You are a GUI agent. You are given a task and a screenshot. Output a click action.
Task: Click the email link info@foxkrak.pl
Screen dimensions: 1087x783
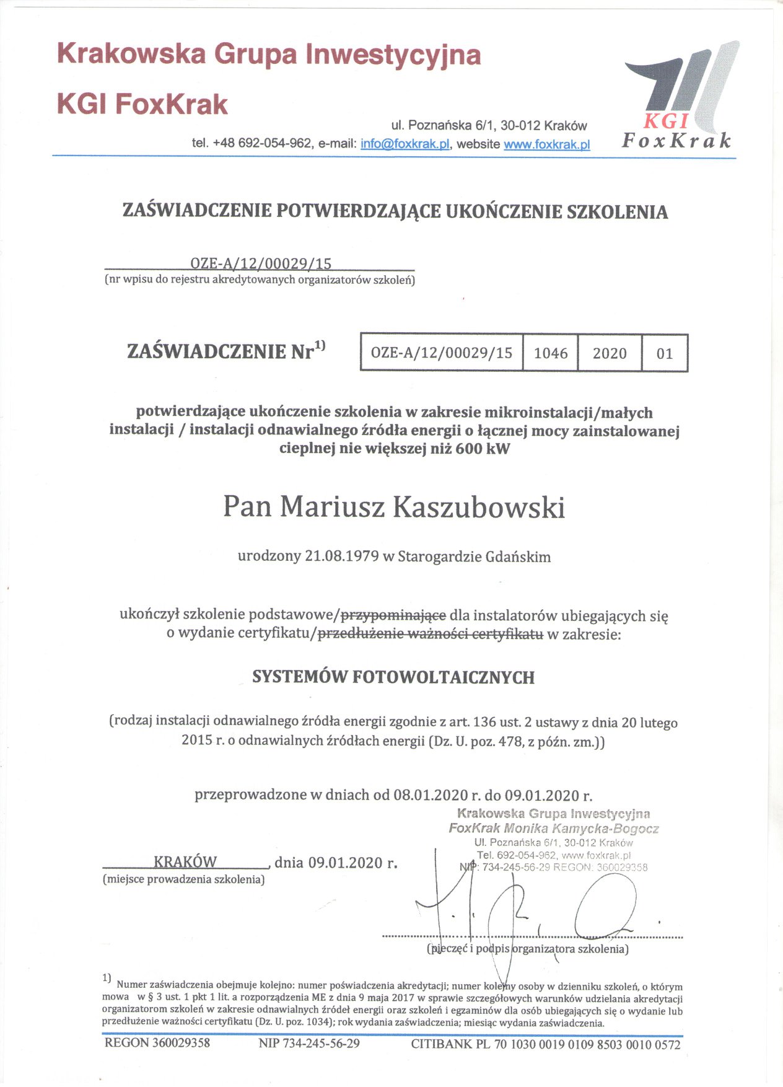pyautogui.click(x=405, y=144)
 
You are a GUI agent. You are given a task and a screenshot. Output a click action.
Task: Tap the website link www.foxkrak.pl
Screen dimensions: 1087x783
pyautogui.click(x=546, y=144)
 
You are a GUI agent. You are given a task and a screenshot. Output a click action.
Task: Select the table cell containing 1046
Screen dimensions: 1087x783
pyautogui.click(x=550, y=353)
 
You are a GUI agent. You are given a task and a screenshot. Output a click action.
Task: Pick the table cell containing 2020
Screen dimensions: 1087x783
pyautogui.click(x=610, y=353)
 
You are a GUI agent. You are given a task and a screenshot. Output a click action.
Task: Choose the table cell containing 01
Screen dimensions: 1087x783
pyautogui.click(x=664, y=353)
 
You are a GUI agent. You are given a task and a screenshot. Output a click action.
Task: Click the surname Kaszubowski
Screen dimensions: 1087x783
pyautogui.click(x=479, y=508)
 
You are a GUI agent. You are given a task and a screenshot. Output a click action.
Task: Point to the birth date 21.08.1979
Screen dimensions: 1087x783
pyautogui.click(x=341, y=556)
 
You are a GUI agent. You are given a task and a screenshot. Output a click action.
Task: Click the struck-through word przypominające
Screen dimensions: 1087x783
pyautogui.click(x=393, y=615)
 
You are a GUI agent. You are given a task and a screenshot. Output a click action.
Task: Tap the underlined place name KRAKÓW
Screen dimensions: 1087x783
pyautogui.click(x=185, y=862)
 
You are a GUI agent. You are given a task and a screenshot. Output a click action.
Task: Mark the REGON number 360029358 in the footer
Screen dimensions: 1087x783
pyautogui.click(x=181, y=1043)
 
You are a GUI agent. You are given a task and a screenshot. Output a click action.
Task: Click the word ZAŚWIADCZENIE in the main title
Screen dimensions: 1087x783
pyautogui.click(x=196, y=211)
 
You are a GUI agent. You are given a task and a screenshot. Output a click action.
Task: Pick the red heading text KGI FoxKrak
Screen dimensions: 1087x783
pyautogui.click(x=142, y=104)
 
